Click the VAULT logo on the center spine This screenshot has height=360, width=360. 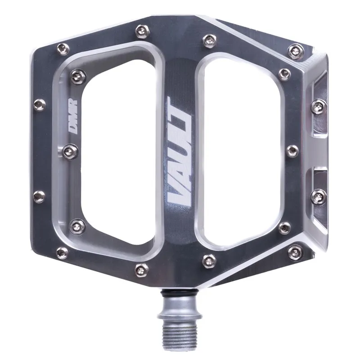(x=180, y=150)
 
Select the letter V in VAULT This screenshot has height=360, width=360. (x=178, y=192)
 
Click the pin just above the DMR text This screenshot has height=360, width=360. (x=77, y=76)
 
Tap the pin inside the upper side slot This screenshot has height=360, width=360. (x=319, y=106)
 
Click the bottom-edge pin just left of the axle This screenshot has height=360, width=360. (x=141, y=270)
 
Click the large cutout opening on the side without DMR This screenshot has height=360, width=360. (x=241, y=151)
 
